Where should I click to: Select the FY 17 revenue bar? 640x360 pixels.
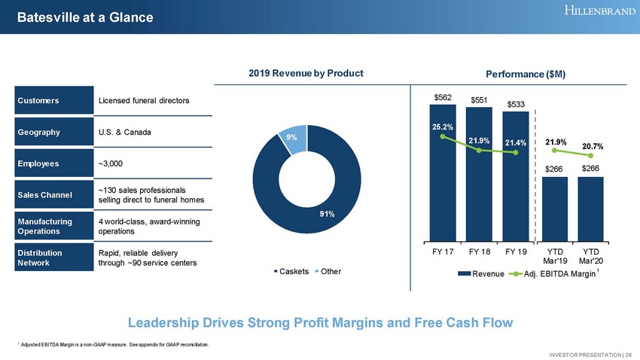[x=442, y=181]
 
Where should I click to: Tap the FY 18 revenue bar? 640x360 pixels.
[x=479, y=181]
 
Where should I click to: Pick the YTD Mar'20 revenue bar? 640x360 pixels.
[x=591, y=207]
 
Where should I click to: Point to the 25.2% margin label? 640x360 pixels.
[x=442, y=127]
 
